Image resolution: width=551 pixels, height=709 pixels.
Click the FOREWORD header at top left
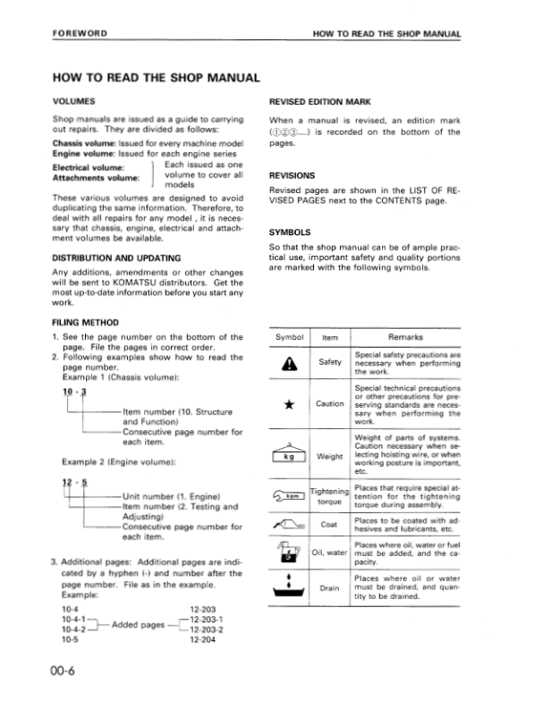point(81,33)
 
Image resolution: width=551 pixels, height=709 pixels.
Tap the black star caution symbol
point(289,404)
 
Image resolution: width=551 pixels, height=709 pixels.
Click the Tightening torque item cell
point(329,497)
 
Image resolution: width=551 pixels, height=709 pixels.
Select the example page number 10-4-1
point(68,617)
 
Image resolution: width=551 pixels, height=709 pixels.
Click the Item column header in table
point(329,337)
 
